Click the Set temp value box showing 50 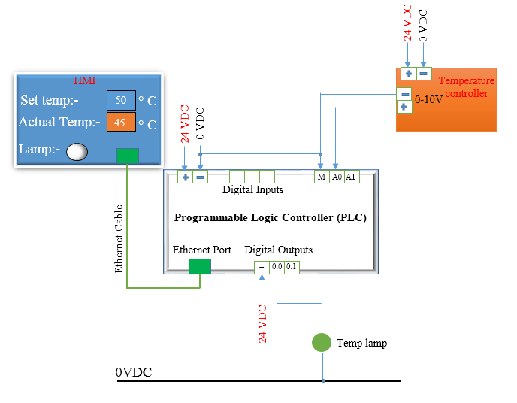(120, 100)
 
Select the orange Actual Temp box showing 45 (120, 122)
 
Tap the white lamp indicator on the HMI (77, 152)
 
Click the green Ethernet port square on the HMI (127, 156)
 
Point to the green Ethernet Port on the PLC (199, 266)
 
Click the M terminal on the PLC (321, 177)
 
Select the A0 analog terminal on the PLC (337, 177)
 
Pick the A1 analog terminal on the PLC (351, 177)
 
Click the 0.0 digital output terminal (277, 266)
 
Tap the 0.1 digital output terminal (292, 266)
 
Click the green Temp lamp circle (322, 343)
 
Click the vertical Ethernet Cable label (119, 238)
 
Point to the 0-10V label (429, 98)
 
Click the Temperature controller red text (466, 87)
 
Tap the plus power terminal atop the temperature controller (408, 73)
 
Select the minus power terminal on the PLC (200, 177)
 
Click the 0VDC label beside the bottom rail (133, 372)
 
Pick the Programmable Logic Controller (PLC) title (270, 217)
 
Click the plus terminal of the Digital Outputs (262, 266)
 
